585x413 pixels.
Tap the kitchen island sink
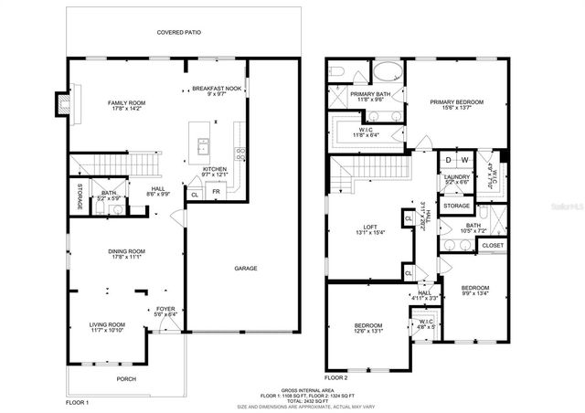[x=203, y=144]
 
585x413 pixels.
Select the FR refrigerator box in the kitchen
[x=216, y=193]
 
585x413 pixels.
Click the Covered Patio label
[x=178, y=32]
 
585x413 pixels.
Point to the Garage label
[x=244, y=269]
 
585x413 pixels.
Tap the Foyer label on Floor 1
[x=165, y=309]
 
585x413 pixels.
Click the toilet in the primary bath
[x=336, y=71]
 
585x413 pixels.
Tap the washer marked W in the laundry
[x=465, y=160]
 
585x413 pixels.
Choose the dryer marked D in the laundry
[x=449, y=160]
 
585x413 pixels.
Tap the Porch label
[x=125, y=377]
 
